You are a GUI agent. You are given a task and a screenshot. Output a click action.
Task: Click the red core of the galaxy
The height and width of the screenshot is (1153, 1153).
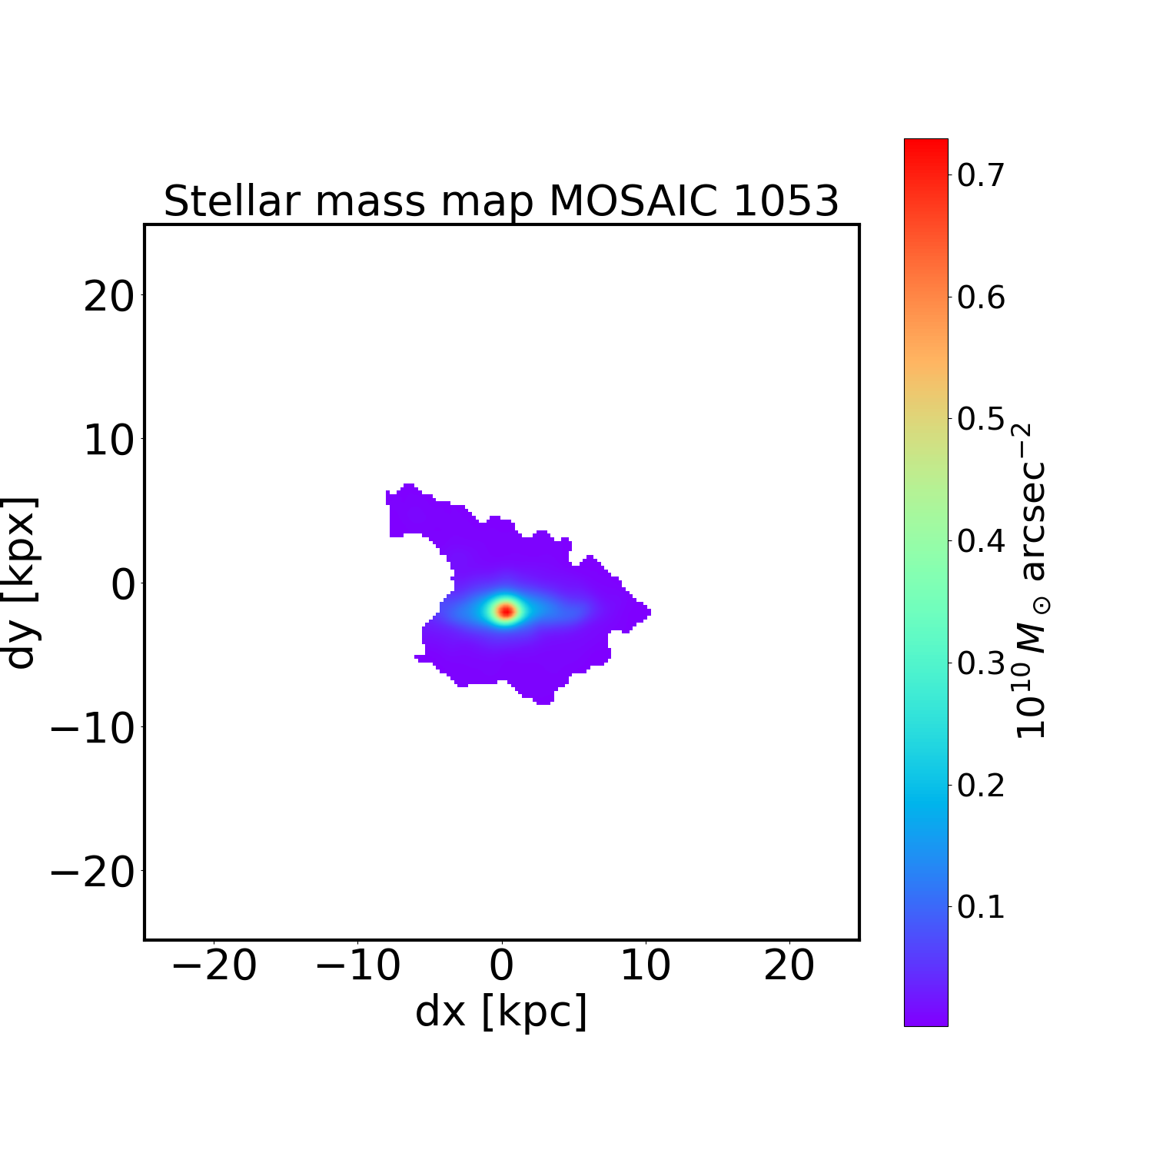(506, 611)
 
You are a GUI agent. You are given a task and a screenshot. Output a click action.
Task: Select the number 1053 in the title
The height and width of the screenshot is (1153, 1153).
(786, 201)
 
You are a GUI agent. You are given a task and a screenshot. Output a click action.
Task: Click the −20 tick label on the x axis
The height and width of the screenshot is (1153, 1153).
(214, 966)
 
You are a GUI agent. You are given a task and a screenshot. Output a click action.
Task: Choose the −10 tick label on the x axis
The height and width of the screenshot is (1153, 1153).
(357, 966)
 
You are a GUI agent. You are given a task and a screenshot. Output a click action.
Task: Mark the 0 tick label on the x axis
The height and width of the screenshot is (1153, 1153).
(502, 966)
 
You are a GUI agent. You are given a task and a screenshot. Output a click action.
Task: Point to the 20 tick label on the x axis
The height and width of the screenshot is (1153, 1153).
(789, 966)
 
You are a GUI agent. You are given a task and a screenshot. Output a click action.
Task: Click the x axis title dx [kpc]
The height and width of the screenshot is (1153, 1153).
(501, 1012)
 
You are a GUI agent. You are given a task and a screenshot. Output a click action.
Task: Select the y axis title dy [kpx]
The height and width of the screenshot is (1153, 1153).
(21, 582)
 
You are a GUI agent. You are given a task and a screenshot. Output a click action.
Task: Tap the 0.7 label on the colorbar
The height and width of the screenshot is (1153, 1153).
(981, 175)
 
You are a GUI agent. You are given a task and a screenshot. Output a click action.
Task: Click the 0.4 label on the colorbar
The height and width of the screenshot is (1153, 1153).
(981, 541)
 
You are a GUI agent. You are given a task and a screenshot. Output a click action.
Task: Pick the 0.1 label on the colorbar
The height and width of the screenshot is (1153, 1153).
(981, 907)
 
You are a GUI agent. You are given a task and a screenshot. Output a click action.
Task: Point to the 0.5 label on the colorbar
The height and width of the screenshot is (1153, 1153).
(981, 420)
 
